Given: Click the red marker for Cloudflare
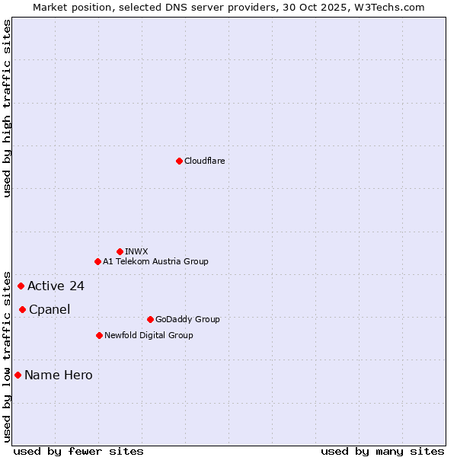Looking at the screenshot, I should point(179,161).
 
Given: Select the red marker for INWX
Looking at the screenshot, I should point(120,251).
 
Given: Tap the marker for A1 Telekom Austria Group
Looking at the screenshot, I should point(97,261).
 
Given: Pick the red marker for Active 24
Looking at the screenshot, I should point(21,286).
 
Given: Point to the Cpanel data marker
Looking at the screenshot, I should point(22,309).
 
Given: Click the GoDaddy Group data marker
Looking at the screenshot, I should point(150,319).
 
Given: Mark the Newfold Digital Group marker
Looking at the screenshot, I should point(99,335).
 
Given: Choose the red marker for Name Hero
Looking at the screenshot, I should point(18,375).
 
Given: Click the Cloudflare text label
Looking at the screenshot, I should point(205,161).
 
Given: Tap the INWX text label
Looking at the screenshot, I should point(136,251).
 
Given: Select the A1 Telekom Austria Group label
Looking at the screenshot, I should point(155,261).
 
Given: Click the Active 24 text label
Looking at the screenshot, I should point(56,286).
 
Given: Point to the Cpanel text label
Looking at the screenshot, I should point(50,309).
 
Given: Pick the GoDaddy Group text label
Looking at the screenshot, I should point(187,319).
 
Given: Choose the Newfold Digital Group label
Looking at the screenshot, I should point(149,335).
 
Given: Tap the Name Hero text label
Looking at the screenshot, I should point(59,375).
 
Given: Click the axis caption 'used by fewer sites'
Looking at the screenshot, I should point(78,452).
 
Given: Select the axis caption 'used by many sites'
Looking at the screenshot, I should point(382,452).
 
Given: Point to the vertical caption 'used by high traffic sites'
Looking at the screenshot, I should point(7,108).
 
